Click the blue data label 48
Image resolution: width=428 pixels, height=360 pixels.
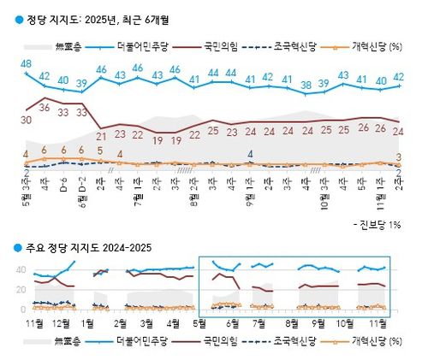click(27, 64)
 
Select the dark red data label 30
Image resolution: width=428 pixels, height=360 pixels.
click(27, 121)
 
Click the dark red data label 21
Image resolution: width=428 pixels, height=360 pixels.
click(101, 133)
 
